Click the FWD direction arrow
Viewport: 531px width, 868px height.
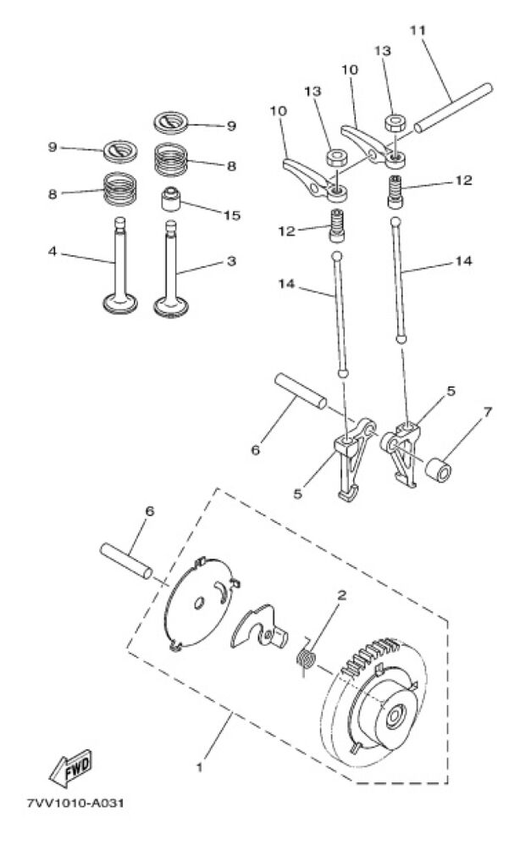click(x=71, y=768)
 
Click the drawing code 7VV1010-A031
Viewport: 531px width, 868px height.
click(x=75, y=803)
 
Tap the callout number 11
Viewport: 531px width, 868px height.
click(x=418, y=30)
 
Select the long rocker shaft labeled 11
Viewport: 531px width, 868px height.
click(x=453, y=108)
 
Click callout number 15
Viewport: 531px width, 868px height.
click(x=232, y=215)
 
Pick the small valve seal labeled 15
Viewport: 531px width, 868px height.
click(x=172, y=199)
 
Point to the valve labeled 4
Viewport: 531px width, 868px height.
click(x=120, y=267)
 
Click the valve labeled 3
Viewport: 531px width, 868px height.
click(x=171, y=270)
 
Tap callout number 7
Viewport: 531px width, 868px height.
click(x=487, y=412)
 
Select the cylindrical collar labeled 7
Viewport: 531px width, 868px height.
click(x=438, y=470)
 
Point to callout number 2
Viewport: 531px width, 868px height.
click(x=341, y=595)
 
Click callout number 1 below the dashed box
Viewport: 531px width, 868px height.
click(x=199, y=768)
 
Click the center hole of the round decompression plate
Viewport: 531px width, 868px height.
click(x=198, y=604)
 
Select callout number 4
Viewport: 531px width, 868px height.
click(x=52, y=251)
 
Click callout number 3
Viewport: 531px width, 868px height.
click(x=232, y=261)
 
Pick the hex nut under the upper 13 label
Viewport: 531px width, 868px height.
click(x=394, y=122)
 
